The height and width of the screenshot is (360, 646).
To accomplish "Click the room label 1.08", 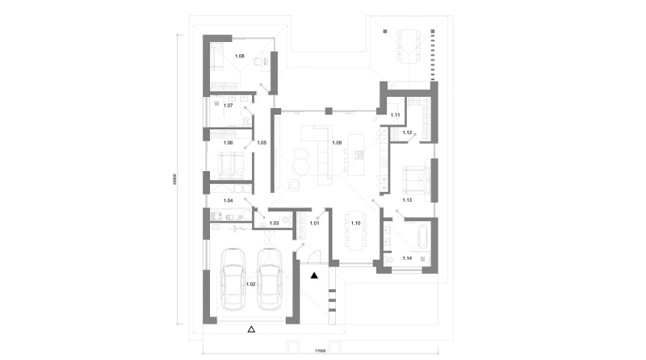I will (239, 57).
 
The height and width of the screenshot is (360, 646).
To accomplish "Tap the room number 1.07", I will (228, 106).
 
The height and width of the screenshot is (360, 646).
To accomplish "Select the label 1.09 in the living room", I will (337, 143).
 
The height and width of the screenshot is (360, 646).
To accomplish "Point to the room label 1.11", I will (396, 116).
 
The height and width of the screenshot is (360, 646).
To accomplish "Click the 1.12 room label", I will (407, 132).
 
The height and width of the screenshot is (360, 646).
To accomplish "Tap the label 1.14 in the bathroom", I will (407, 258).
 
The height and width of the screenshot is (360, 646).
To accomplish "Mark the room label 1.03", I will (274, 222).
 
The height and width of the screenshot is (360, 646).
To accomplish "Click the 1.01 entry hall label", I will (315, 222).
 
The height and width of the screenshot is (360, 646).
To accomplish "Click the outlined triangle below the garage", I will (251, 329).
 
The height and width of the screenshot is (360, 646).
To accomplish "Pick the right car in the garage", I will (270, 278).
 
